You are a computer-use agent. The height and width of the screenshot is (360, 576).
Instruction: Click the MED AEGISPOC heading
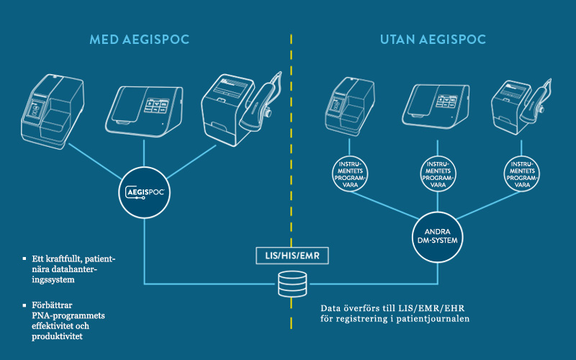[x=140, y=39]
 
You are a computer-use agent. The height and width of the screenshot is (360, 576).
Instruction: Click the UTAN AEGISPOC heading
[x=433, y=39]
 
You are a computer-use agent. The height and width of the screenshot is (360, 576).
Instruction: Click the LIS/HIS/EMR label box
[x=291, y=255]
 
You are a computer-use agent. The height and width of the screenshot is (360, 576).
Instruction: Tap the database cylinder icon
[x=291, y=283]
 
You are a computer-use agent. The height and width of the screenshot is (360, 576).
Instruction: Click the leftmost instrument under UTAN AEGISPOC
[x=348, y=107]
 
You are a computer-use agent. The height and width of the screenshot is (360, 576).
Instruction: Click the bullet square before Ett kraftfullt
[x=26, y=258]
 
